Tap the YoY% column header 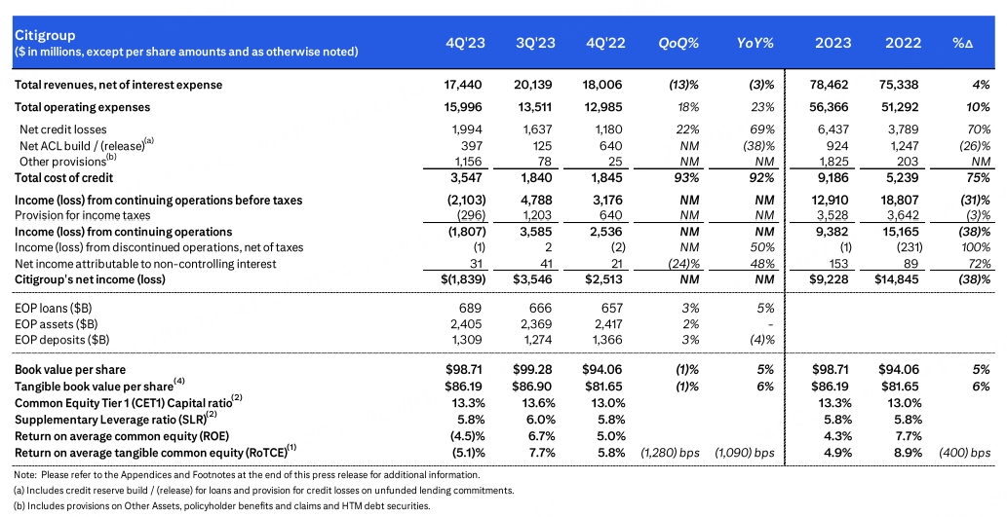[755, 43]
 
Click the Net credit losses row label [63, 129]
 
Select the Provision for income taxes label [83, 215]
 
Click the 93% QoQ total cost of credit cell [685, 177]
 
